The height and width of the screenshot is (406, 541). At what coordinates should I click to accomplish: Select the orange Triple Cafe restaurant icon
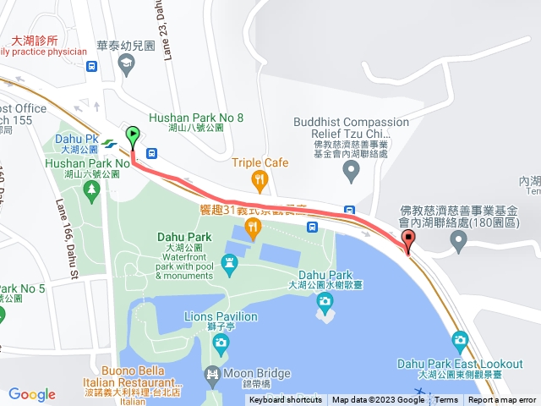[260, 178]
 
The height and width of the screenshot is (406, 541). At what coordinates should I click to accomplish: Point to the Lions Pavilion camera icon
[221, 342]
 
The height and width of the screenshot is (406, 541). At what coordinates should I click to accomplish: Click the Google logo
[32, 394]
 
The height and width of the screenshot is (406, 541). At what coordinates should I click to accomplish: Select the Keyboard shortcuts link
[285, 400]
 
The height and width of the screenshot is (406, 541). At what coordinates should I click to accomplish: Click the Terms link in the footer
[446, 400]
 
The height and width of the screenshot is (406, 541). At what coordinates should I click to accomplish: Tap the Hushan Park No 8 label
[196, 118]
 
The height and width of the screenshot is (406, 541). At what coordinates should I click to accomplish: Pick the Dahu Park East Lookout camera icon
[460, 342]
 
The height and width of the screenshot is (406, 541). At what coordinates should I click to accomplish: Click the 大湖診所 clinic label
[35, 40]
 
